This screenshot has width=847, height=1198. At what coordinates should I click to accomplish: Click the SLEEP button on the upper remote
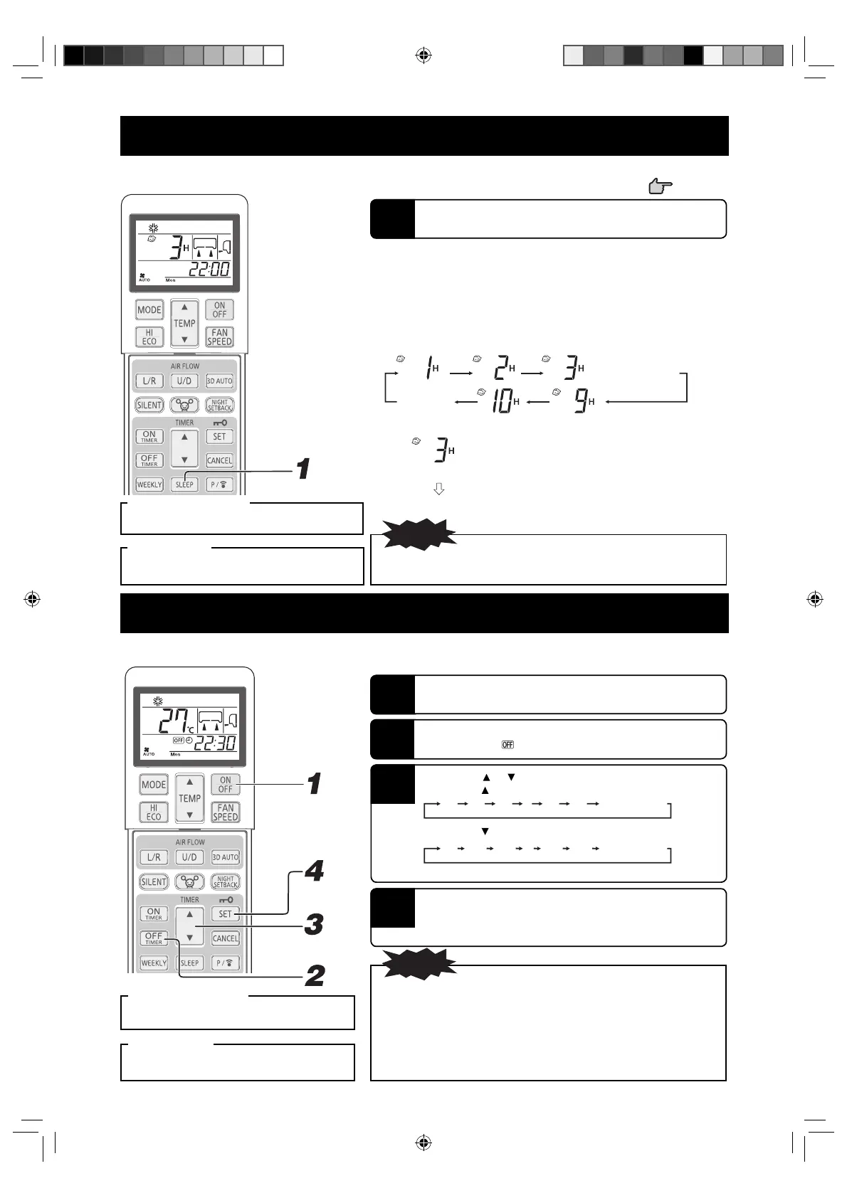click(x=184, y=484)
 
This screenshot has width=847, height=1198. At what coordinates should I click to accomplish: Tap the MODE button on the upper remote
click(x=149, y=310)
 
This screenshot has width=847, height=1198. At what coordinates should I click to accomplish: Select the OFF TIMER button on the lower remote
click(x=154, y=938)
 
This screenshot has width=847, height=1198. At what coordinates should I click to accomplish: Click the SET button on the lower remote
click(x=225, y=914)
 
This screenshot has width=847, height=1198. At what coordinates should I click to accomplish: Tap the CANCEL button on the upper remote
click(x=219, y=460)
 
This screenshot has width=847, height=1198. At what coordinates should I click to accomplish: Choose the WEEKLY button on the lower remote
click(x=154, y=963)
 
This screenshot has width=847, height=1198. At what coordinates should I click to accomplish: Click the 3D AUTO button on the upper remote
click(x=219, y=381)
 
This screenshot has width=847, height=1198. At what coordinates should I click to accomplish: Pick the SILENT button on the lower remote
click(x=154, y=881)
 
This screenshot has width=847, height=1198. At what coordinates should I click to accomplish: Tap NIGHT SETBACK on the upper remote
click(x=219, y=405)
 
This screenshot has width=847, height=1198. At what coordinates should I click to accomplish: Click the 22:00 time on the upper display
click(x=209, y=269)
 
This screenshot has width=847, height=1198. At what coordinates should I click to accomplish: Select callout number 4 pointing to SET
click(x=314, y=871)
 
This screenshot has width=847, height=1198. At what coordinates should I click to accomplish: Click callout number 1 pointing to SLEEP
click(x=303, y=469)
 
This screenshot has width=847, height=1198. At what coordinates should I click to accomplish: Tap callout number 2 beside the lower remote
click(x=315, y=975)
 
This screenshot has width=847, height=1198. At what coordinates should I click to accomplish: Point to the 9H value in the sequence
click(x=583, y=403)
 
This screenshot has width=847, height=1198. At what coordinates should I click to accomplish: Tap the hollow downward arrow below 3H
click(x=439, y=489)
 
